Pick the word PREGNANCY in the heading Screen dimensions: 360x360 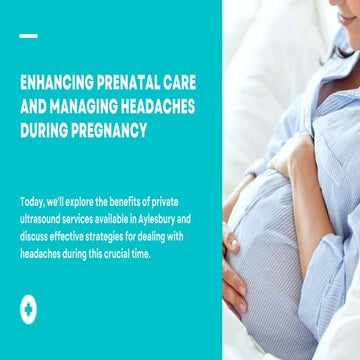pyautogui.click(x=115, y=130)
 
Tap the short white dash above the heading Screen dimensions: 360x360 pyautogui.click(x=28, y=36)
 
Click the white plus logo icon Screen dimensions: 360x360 pyautogui.click(x=28, y=310)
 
